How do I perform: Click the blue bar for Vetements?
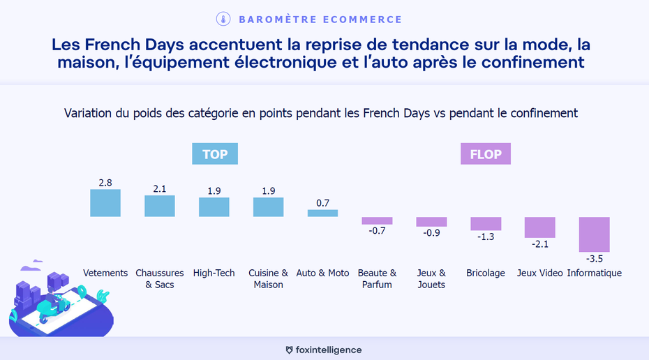[105, 203]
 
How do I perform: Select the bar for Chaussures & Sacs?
[160, 206]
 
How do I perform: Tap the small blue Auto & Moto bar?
[322, 213]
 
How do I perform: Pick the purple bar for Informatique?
[595, 234]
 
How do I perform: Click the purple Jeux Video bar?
[540, 227]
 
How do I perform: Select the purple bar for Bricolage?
[486, 223]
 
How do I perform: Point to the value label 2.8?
[105, 183]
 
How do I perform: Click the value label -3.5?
[595, 259]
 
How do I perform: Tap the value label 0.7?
[322, 203]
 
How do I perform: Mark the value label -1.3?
[486, 237]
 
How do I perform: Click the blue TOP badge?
[215, 154]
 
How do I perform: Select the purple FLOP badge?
[486, 154]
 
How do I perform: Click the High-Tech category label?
[214, 273]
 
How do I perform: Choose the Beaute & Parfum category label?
[377, 278]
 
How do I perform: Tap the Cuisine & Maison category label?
[269, 278]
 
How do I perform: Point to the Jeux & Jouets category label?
[431, 278]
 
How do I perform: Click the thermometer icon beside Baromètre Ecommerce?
[223, 19]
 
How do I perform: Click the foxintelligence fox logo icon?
[290, 350]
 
